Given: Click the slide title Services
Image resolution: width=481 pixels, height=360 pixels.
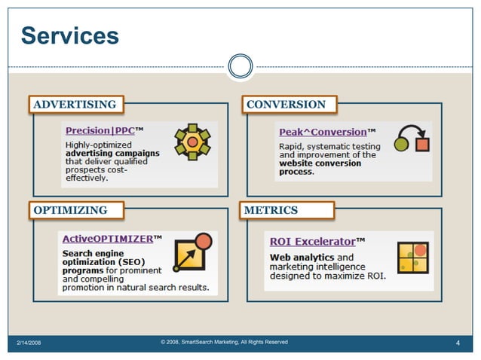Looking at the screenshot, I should [70, 35].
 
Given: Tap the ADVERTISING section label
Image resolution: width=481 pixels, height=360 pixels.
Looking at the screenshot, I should [75, 105].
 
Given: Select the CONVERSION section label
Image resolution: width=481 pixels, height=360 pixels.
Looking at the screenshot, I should [286, 105].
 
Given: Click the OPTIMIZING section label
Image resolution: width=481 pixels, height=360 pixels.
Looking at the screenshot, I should [70, 210].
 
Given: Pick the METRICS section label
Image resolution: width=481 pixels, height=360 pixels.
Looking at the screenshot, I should [271, 210].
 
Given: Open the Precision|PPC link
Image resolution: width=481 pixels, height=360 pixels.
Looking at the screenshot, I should [100, 131].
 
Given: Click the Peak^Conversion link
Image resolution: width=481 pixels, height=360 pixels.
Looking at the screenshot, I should [323, 132].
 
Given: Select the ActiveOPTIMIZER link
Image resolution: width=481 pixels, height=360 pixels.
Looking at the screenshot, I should [107, 239].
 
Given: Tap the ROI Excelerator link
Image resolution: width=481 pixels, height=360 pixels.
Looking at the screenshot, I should [312, 242].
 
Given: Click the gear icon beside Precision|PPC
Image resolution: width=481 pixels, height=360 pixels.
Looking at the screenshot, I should [192, 142].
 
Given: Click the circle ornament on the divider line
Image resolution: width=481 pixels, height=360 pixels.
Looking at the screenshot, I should [240, 66].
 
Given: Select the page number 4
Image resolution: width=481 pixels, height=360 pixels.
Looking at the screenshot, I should [458, 343].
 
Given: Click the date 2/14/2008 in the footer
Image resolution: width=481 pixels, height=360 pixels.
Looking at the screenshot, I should [29, 343].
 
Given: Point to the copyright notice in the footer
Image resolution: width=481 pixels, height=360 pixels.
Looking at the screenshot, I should [224, 343].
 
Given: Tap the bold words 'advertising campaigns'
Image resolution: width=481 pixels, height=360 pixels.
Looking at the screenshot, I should [112, 153].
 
